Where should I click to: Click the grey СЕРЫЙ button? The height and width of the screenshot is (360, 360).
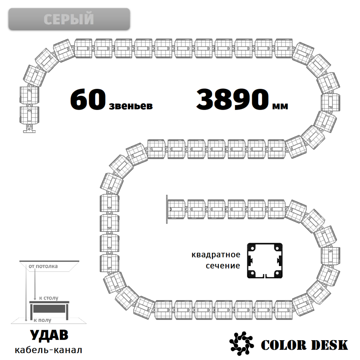pyautogui.click(x=69, y=19)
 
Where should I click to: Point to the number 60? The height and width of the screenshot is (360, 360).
pyautogui.click(x=88, y=100)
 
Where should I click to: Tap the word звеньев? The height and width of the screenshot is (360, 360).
pyautogui.click(x=131, y=106)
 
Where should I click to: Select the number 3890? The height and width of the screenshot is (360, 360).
pyautogui.click(x=232, y=99)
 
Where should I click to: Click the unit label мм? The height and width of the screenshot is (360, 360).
pyautogui.click(x=280, y=106)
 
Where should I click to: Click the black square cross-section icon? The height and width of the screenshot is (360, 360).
pyautogui.click(x=265, y=261)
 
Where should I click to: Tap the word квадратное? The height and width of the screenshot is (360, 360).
pyautogui.click(x=216, y=255)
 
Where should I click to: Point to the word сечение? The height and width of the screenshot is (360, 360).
pyautogui.click(x=223, y=266)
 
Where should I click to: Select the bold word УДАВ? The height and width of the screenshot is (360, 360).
pyautogui.click(x=49, y=335)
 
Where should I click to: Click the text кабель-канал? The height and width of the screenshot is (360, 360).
pyautogui.click(x=49, y=350)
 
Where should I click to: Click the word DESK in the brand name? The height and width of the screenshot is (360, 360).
pyautogui.click(x=329, y=345)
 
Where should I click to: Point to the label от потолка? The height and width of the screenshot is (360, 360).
pyautogui.click(x=43, y=266)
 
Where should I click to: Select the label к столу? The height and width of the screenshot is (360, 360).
pyautogui.click(x=49, y=298)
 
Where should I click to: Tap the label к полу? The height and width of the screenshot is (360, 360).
pyautogui.click(x=42, y=320)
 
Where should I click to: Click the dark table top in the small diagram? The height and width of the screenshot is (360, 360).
pyautogui.click(x=49, y=302)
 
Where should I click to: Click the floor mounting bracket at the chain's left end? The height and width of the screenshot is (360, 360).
pyautogui.click(x=30, y=129)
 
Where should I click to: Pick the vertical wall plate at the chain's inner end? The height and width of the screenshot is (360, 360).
pyautogui.click(x=167, y=209)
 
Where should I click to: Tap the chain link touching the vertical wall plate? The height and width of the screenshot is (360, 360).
pyautogui.click(x=176, y=209)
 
